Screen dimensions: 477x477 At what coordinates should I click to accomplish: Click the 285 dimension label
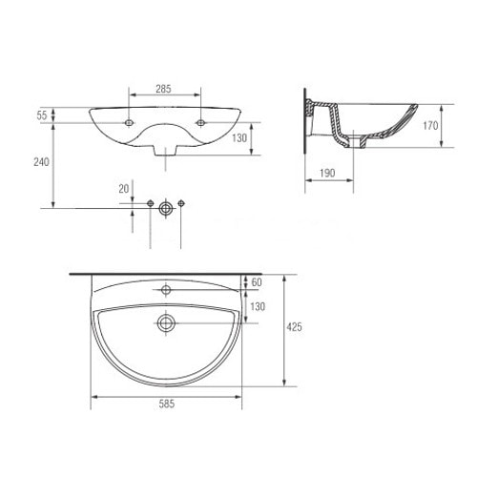[x=163, y=89]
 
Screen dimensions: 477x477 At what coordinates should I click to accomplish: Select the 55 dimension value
[x=42, y=115]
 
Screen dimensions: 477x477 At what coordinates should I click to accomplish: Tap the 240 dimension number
[x=41, y=162]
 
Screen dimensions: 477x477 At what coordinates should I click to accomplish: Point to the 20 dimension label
[x=124, y=189]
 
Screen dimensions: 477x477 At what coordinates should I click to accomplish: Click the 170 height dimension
[x=430, y=126]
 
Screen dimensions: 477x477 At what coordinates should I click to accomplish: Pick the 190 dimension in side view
[x=327, y=173]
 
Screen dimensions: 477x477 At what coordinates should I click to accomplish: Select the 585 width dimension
[x=167, y=404]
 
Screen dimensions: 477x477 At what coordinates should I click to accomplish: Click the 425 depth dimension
[x=294, y=327]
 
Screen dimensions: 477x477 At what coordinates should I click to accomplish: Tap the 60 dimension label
[x=257, y=282]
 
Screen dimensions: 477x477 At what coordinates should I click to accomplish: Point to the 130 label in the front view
[x=239, y=138]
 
